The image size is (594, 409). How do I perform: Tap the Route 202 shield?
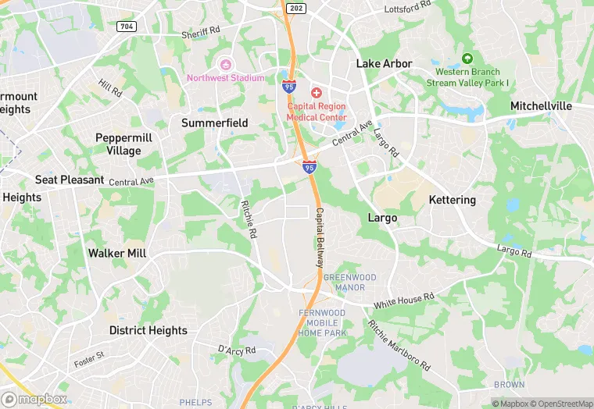click(x=295, y=8)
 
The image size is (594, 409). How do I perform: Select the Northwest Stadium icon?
click(x=226, y=64)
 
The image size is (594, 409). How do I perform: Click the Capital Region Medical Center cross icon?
click(x=317, y=93)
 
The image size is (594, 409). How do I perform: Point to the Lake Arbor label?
click(x=385, y=63)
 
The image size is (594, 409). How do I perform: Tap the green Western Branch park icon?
click(x=467, y=59)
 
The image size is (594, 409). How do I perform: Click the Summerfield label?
click(x=215, y=123)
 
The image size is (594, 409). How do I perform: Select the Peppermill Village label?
click(x=118, y=144)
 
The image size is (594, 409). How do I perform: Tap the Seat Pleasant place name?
click(x=70, y=180)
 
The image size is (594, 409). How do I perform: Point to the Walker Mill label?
click(x=117, y=253)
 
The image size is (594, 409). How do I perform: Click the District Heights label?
click(x=148, y=330)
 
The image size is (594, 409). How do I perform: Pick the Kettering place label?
click(x=453, y=200)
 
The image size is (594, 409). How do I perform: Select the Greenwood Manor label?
click(x=349, y=283)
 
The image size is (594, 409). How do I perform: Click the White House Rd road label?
click(x=403, y=299)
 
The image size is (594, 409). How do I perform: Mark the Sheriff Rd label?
click(x=202, y=34)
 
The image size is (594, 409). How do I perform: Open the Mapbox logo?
click(x=34, y=399)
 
